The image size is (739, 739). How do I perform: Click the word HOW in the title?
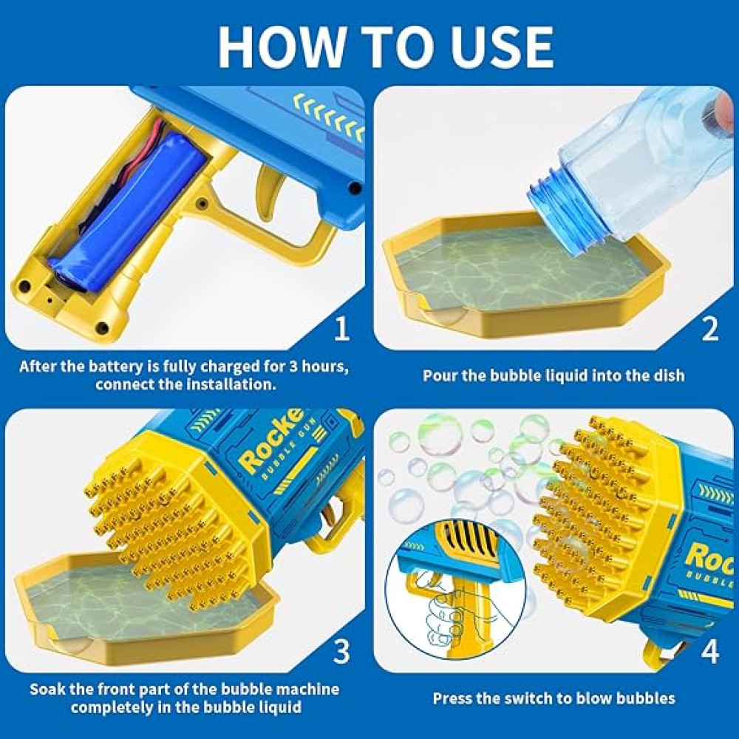(282, 46)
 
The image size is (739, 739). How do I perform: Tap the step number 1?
(342, 329)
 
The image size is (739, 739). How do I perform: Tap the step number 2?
(710, 329)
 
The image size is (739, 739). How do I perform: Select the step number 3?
(341, 651)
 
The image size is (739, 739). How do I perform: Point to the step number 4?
(710, 651)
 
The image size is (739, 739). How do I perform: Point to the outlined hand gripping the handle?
(448, 617)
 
